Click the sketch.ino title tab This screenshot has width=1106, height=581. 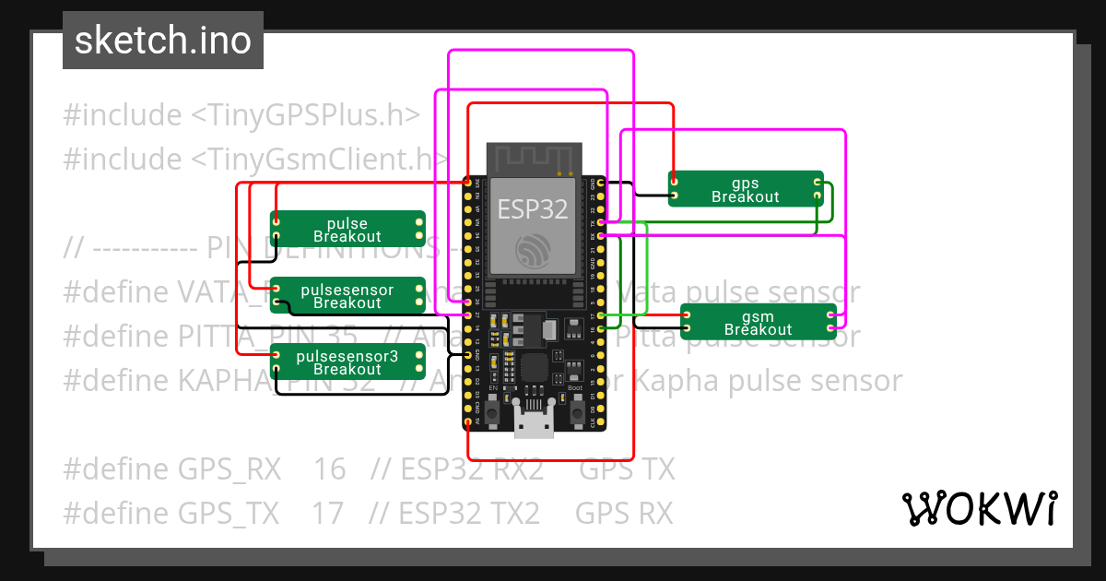click(163, 41)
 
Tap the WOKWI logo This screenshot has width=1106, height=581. click(979, 508)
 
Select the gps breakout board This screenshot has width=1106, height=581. click(746, 189)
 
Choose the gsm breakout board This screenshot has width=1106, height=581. click(758, 322)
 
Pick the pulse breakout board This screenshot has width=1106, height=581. click(347, 230)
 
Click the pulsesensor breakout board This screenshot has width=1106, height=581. click(347, 296)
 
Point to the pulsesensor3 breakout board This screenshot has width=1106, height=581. click(347, 362)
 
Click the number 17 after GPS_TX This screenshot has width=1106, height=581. click(327, 513)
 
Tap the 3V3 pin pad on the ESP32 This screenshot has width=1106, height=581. click(468, 184)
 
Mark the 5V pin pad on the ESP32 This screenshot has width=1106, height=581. click(468, 422)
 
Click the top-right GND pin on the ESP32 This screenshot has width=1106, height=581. click(601, 184)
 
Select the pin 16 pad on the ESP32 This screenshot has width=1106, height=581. click(601, 329)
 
